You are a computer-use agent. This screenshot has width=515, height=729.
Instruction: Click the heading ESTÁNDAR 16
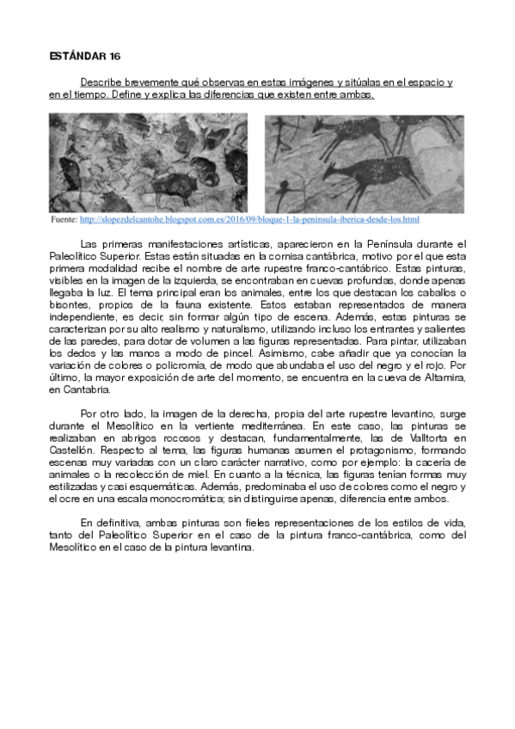[84, 57]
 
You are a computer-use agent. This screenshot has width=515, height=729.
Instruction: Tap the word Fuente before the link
[64, 221]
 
